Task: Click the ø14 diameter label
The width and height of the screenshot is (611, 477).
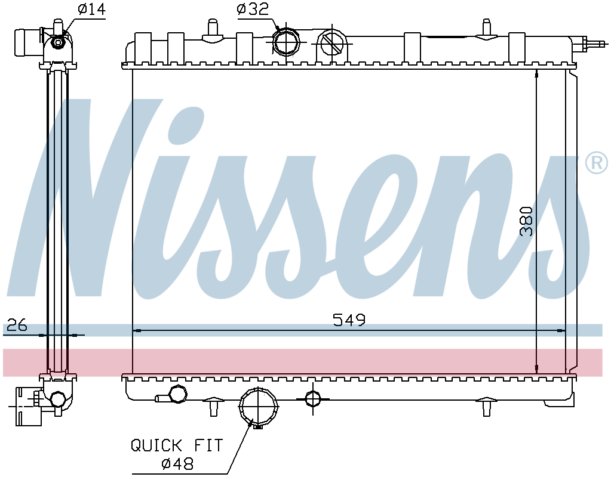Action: (91, 9)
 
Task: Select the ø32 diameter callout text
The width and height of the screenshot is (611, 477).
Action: (253, 9)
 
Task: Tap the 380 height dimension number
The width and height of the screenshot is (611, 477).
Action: (526, 221)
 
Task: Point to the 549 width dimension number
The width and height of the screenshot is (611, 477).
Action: (349, 320)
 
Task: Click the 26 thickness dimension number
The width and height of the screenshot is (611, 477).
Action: (17, 324)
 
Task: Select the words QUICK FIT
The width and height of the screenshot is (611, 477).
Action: (177, 445)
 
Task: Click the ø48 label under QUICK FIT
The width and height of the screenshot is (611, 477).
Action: (177, 463)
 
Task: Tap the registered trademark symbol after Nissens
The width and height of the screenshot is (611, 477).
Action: (597, 163)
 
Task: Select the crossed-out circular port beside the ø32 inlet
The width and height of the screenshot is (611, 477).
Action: (331, 43)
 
